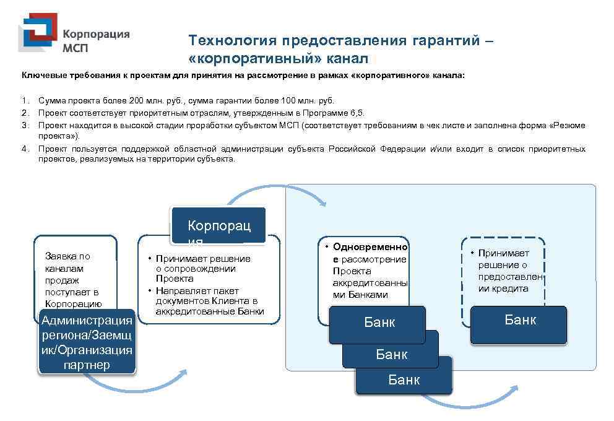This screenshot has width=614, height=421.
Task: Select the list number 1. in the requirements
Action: tap(25, 100)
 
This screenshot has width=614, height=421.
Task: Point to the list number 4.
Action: tap(25, 149)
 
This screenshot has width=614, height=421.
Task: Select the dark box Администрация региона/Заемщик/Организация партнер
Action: tap(87, 342)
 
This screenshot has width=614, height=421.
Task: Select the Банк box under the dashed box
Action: tap(519, 324)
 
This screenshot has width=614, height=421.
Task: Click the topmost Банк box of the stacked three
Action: tap(378, 324)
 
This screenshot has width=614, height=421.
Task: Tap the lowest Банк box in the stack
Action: tap(404, 379)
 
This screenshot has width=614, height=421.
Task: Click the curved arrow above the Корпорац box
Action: tap(278, 194)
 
